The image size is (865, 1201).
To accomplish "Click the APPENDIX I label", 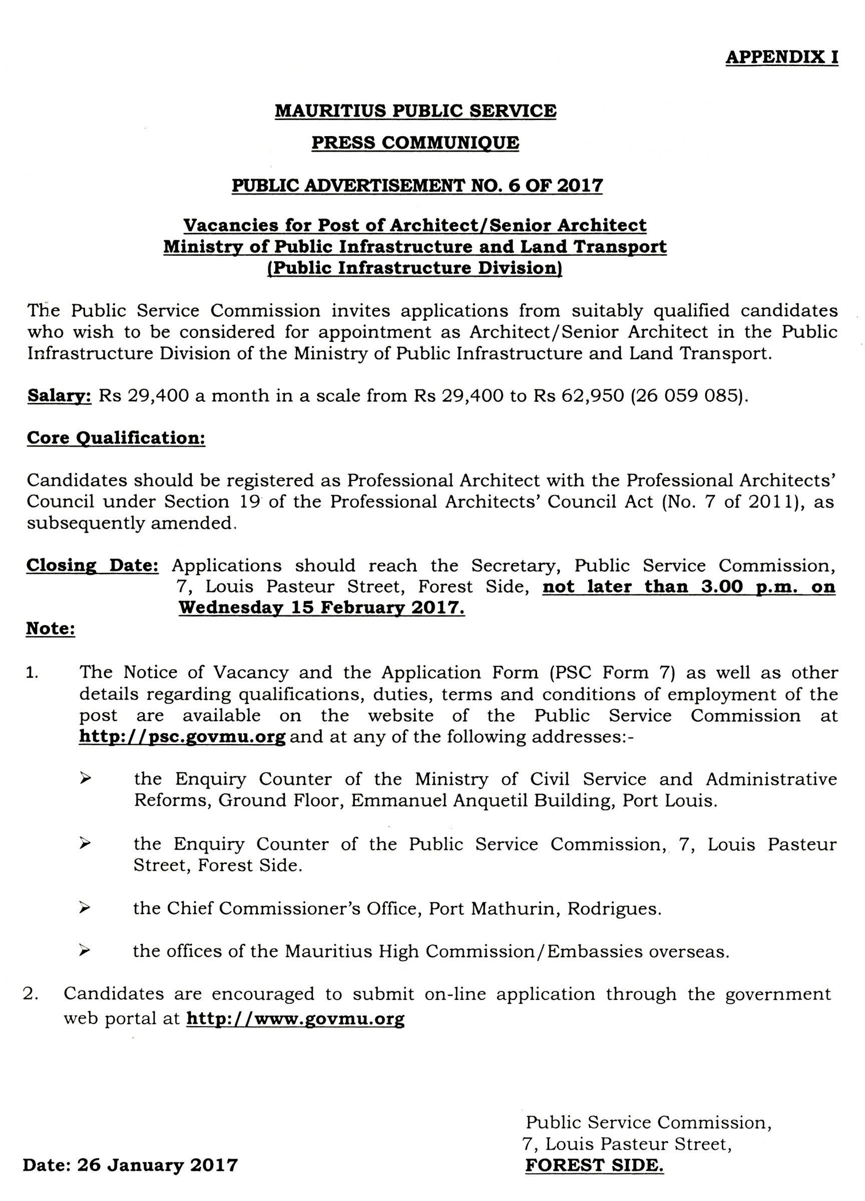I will pos(781,57).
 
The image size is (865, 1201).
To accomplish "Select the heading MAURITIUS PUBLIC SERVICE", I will pos(416,111).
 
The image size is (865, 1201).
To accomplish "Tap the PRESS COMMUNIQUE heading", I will pos(415,143).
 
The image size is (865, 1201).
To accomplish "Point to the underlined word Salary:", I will pos(60,396).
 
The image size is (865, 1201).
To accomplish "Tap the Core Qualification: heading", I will pos(116,438).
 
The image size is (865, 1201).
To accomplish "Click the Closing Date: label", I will pos(93,565).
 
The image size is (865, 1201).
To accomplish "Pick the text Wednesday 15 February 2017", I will pos(321,608).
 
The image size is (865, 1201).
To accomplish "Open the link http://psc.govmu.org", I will pos(182,737).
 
